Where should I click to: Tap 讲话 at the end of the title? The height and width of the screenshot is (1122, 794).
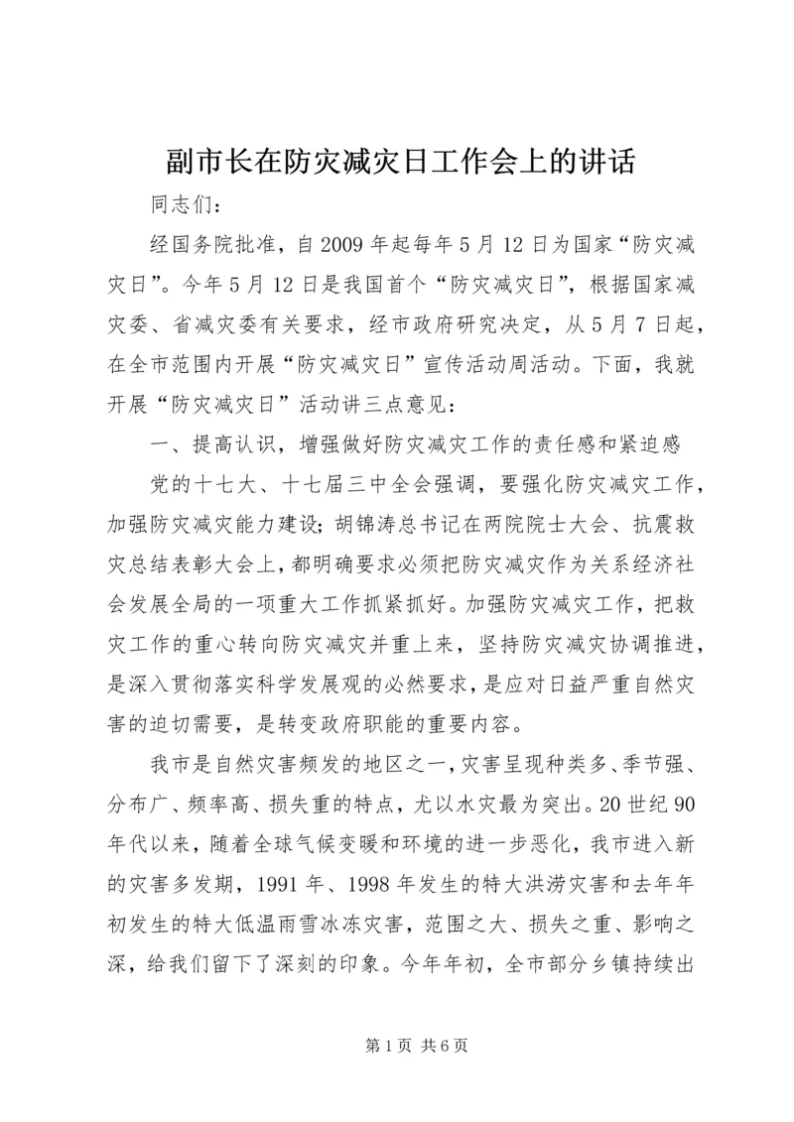pyautogui.click(x=605, y=162)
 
